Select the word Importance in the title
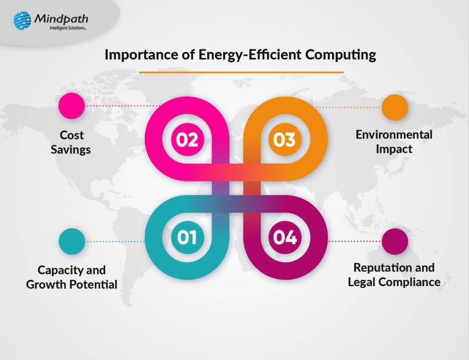(x=132, y=55)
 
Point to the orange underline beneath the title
(x=241, y=72)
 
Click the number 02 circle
(x=187, y=139)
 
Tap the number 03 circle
(x=283, y=139)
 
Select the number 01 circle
(x=187, y=237)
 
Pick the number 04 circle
(x=283, y=237)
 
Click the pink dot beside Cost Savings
(x=71, y=106)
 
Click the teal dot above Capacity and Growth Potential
(x=71, y=241)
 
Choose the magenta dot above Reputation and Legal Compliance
(x=394, y=241)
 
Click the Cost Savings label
(x=71, y=142)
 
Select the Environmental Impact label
(x=394, y=142)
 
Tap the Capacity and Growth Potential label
(x=71, y=277)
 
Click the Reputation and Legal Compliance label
(x=394, y=274)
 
